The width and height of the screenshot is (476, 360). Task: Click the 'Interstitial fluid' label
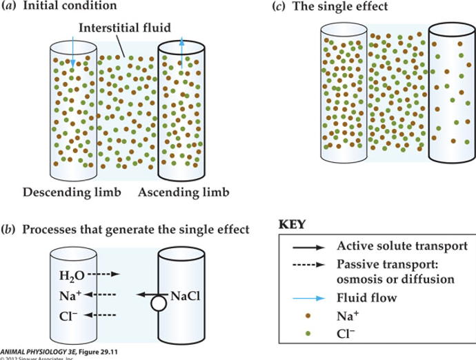[124, 28]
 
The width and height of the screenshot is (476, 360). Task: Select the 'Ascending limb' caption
[184, 190]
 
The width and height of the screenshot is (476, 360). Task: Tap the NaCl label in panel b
[184, 296]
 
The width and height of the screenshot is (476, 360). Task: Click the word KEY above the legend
[293, 226]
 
